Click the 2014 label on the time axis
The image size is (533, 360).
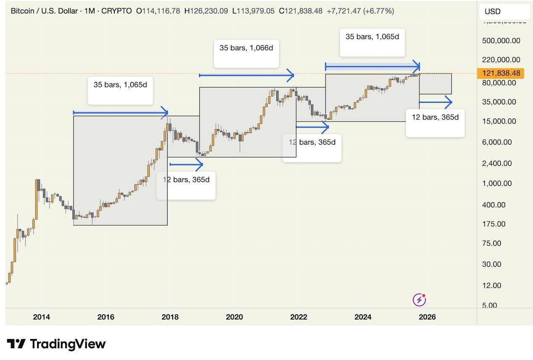(41, 317)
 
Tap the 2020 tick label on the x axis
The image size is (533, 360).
(234, 317)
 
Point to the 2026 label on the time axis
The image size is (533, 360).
(427, 317)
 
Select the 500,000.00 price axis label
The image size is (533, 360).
(501, 41)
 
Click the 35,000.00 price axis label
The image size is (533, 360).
(499, 102)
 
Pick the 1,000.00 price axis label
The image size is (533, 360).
(497, 184)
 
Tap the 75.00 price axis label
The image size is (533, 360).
(492, 244)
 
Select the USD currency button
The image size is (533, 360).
(493, 12)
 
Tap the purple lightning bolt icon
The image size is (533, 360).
(419, 300)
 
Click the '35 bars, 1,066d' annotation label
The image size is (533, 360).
(246, 48)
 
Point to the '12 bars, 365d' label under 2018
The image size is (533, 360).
(186, 180)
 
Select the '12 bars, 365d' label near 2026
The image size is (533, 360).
(435, 117)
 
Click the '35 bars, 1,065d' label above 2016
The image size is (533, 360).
(120, 85)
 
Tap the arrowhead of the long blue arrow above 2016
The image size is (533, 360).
(165, 113)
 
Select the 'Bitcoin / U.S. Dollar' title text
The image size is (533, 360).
(44, 11)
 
